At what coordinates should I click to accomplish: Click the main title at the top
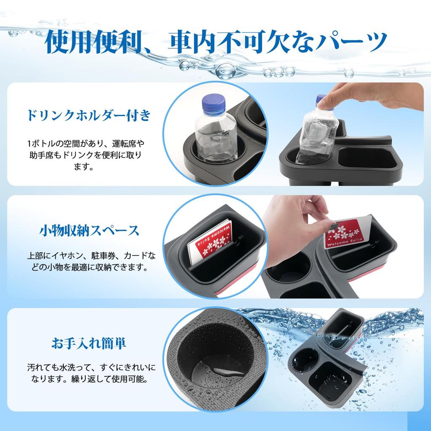tap(215, 41)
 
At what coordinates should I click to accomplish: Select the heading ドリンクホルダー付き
tap(88, 115)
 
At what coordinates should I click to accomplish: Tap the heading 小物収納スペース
tap(89, 231)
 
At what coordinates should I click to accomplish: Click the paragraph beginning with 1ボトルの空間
tap(88, 155)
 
